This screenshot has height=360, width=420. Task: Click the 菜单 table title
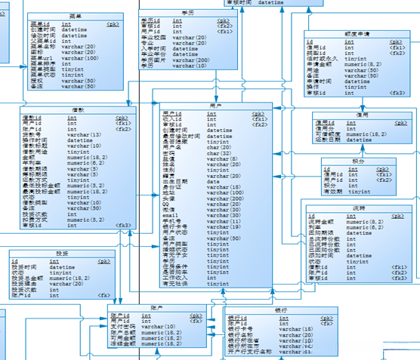73,15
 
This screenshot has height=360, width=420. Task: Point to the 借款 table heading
78,109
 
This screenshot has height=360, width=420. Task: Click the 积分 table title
357,160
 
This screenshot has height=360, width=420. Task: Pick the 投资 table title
62,254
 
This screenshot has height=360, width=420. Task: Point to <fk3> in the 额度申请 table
397,94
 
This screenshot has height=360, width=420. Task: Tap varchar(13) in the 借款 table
84,135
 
